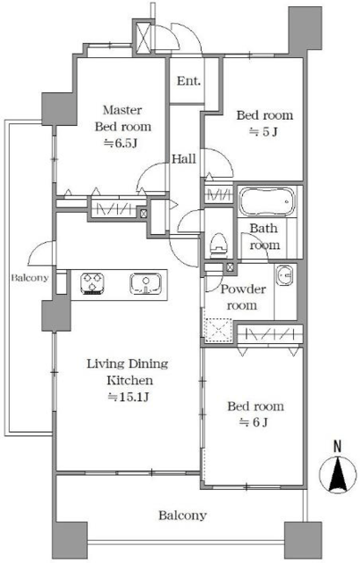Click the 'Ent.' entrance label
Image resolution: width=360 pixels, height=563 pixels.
(x=188, y=81)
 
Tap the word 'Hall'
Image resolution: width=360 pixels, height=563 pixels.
(x=184, y=158)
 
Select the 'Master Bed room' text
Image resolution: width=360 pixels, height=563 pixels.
(x=122, y=118)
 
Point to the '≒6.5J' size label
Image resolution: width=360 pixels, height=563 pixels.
(x=121, y=143)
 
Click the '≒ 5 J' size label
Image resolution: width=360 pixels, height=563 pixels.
(x=264, y=132)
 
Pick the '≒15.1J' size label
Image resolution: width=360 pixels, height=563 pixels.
(x=129, y=397)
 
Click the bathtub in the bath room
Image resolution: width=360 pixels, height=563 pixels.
(x=267, y=201)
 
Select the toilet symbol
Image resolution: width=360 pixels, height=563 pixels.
(x=219, y=245)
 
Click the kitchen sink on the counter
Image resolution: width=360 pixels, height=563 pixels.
(x=145, y=283)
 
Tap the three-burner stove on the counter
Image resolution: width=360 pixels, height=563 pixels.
(x=92, y=283)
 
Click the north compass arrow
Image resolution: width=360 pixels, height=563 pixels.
(x=338, y=474)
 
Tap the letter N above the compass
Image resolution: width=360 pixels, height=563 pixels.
(x=337, y=446)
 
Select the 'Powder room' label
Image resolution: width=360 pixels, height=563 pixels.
(x=243, y=297)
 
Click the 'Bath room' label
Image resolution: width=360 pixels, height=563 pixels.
(x=264, y=237)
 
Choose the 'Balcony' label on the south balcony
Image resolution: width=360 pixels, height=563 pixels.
(x=182, y=515)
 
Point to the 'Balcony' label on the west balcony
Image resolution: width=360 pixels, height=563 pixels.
(x=29, y=278)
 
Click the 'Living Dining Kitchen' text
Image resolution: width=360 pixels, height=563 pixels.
(x=128, y=371)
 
